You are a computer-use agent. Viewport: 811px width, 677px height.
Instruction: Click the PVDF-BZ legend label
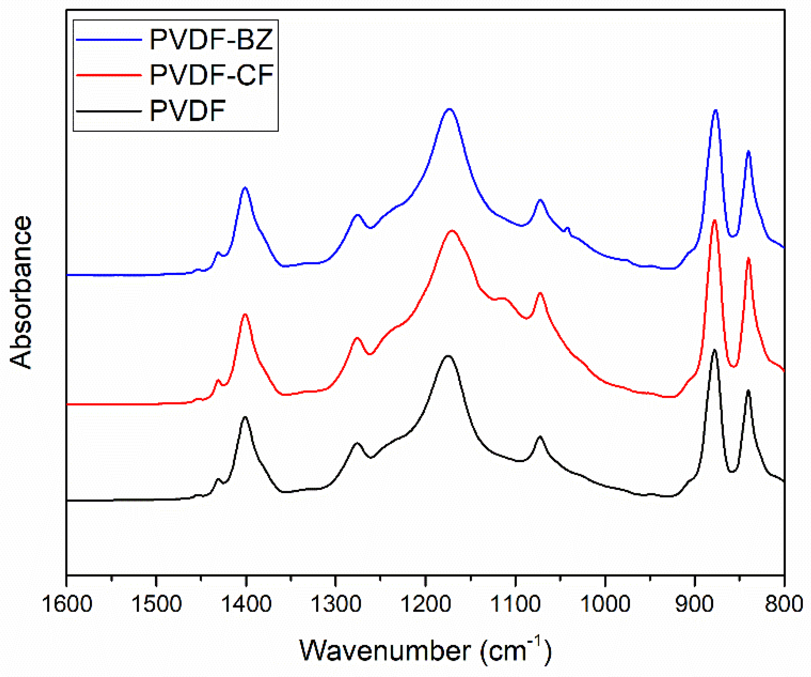[x=211, y=40]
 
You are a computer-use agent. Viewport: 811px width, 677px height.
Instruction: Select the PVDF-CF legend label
[x=211, y=75]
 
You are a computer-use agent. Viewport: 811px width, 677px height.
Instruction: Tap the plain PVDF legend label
[x=187, y=111]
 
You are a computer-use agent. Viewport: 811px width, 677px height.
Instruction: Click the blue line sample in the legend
[x=109, y=40]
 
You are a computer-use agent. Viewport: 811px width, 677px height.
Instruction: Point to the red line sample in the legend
[x=109, y=75]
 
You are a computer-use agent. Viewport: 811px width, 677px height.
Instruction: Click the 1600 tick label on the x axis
[x=67, y=604]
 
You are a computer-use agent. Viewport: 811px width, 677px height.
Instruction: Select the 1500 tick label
[x=156, y=604]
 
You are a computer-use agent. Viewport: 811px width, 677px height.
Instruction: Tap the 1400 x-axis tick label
[x=246, y=604]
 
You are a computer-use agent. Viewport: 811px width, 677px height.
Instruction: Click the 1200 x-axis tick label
[x=426, y=604]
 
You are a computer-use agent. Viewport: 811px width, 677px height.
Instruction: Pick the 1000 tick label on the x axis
[x=605, y=604]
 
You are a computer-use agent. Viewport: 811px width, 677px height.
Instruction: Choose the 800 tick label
[x=784, y=604]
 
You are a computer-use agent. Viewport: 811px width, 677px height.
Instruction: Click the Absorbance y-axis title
[x=20, y=292]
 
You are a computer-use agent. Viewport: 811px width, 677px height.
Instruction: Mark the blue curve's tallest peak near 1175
[x=449, y=109]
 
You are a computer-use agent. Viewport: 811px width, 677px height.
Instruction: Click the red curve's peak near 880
[x=714, y=221]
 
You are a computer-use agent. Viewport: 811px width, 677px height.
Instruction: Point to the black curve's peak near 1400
[x=245, y=417]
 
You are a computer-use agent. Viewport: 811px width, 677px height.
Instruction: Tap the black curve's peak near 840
[x=748, y=391]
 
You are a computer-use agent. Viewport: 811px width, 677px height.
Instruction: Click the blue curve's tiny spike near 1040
[x=567, y=228]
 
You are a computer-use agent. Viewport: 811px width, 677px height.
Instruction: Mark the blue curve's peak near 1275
[x=357, y=215]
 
